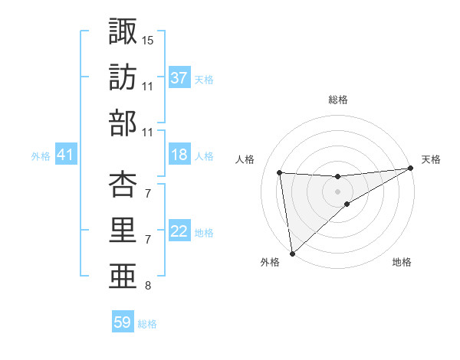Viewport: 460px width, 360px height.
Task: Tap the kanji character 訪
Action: [x=123, y=77]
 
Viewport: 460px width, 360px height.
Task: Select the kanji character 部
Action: [x=123, y=123]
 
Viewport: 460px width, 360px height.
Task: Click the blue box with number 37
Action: [x=179, y=77]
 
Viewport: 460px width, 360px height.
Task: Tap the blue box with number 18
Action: [x=179, y=155]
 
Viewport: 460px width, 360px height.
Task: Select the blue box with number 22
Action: [x=179, y=231]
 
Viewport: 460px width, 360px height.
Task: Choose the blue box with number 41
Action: [x=65, y=155]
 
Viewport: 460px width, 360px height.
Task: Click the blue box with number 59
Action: [x=123, y=322]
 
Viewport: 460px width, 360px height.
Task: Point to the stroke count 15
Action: [x=148, y=39]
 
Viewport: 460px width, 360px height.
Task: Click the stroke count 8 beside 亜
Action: [x=147, y=286]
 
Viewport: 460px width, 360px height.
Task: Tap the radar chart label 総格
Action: [x=337, y=100]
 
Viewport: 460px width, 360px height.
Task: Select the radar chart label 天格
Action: [x=431, y=159]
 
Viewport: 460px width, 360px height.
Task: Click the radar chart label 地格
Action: [x=402, y=262]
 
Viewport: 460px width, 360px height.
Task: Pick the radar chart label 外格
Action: [x=270, y=262]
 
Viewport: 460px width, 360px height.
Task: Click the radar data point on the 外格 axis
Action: [x=292, y=253]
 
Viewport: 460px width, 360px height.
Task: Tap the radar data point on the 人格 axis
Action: [x=280, y=172]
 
